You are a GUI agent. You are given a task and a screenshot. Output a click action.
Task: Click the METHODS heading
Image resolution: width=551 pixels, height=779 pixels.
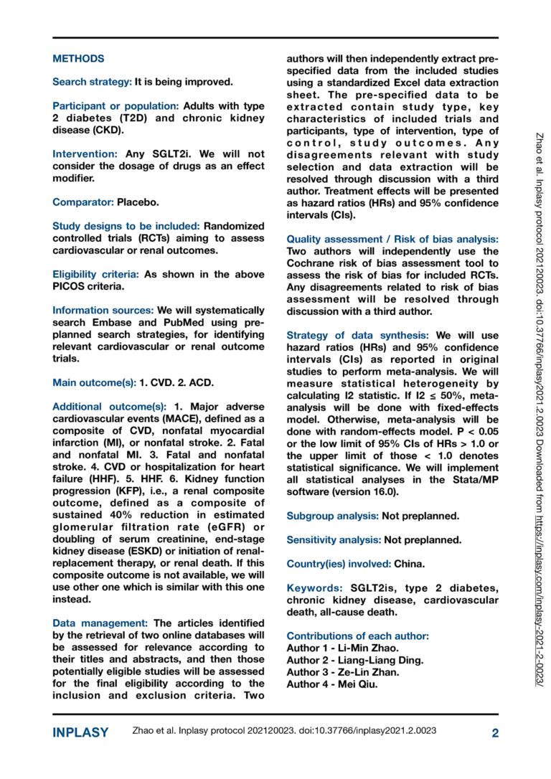point(78,59)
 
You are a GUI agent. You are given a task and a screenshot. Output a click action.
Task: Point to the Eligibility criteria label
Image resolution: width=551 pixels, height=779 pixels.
point(97,274)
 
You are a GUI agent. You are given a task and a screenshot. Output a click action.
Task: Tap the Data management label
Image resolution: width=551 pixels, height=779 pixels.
point(100,623)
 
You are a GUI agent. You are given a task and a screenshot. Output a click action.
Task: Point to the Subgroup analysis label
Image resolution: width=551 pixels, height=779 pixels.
point(332,516)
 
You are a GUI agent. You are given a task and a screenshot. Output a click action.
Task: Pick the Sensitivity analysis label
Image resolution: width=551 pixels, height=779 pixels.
point(334,539)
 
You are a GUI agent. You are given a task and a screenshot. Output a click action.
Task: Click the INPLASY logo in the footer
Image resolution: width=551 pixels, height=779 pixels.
point(80,732)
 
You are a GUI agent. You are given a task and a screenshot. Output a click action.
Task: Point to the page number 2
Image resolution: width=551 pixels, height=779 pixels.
point(495,732)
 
